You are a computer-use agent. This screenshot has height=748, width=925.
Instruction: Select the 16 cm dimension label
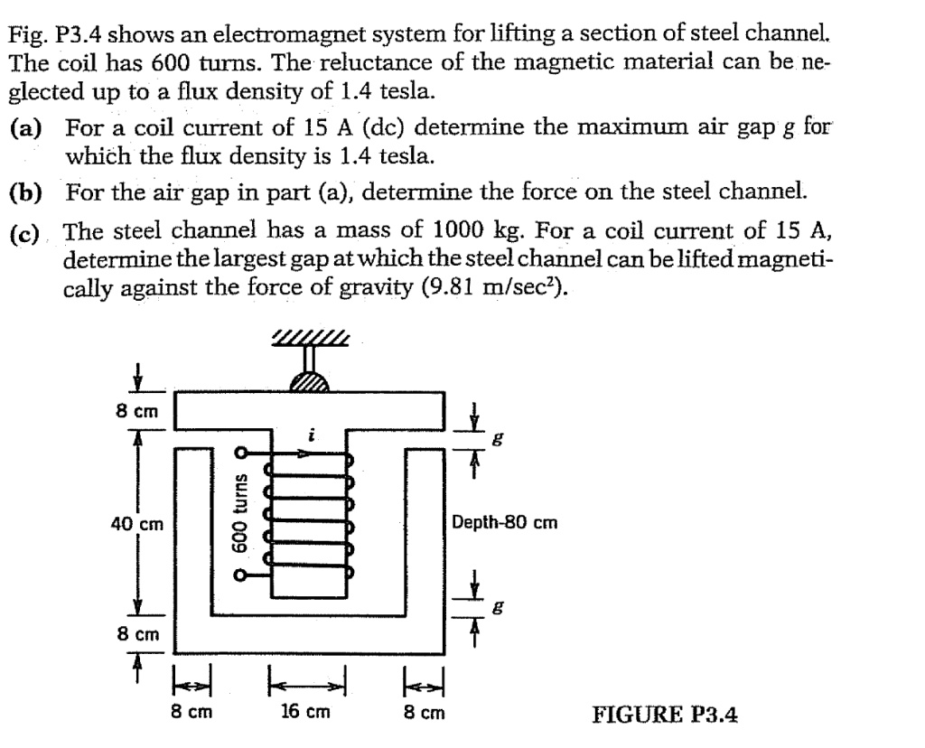pyautogui.click(x=304, y=711)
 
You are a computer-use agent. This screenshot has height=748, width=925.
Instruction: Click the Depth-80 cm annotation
pyautogui.click(x=505, y=523)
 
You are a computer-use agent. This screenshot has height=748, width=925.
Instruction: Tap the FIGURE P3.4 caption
pyautogui.click(x=665, y=714)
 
